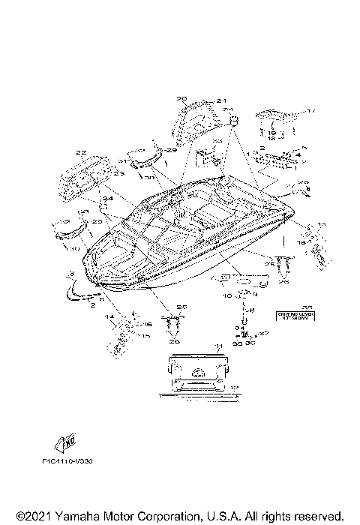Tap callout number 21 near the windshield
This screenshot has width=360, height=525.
coord(200,100)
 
